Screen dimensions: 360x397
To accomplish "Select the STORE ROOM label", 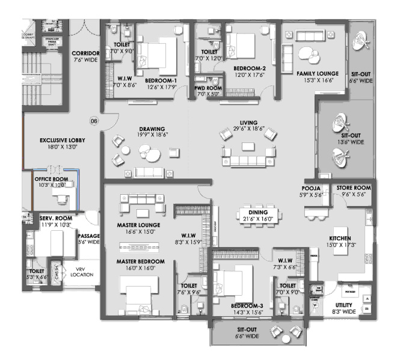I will coord(353,188).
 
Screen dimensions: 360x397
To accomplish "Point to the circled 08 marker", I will coord(94,121).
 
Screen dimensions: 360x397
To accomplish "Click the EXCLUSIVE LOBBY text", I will coord(63,140).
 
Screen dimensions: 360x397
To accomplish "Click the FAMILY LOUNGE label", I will coord(318,73).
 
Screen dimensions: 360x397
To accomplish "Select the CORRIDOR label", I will coord(85,53).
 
